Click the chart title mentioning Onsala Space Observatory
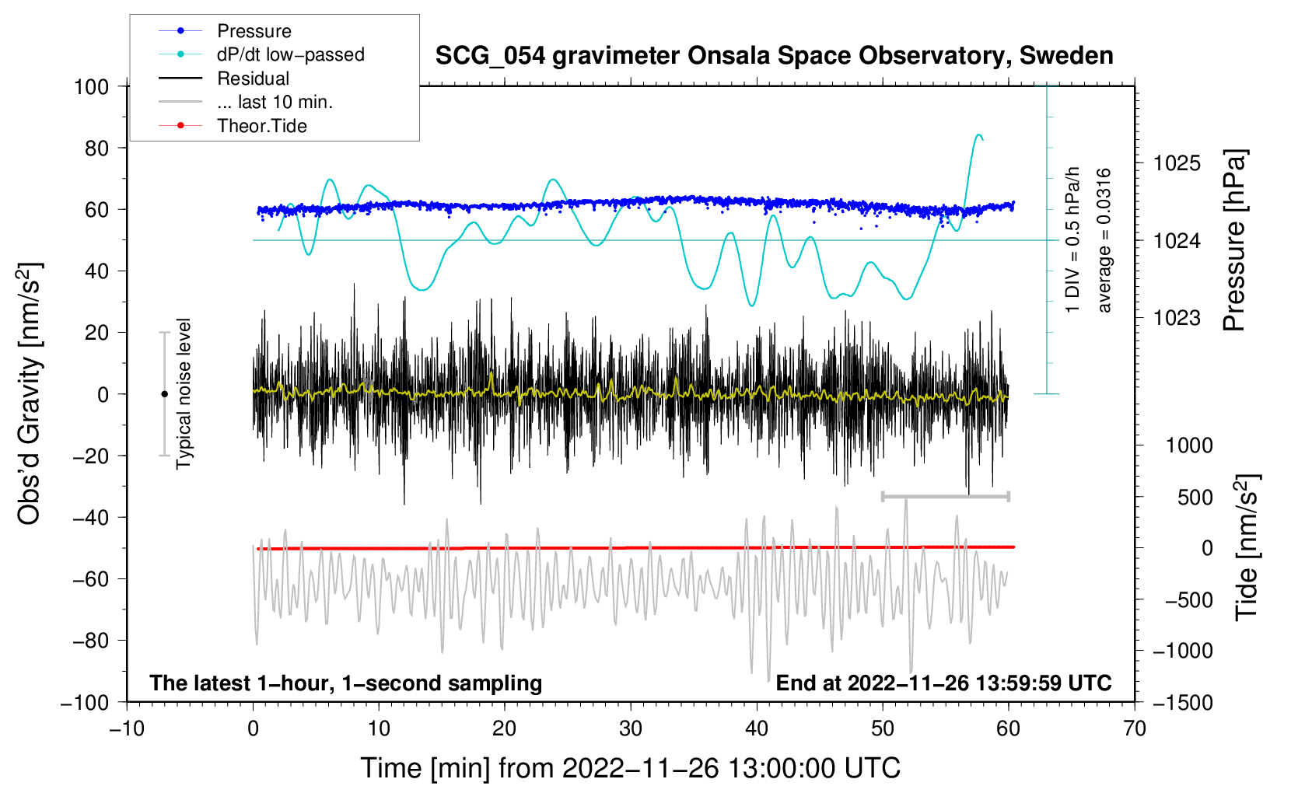774,56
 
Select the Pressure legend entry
254,31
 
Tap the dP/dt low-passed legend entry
290,54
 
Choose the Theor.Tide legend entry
261,126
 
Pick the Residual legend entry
253,79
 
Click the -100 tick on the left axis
85,702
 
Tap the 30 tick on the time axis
631,728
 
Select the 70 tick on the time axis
1135,728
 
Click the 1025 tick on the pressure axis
1177,163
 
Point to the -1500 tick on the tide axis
1182,702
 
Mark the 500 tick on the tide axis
1195,497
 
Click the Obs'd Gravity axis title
30,394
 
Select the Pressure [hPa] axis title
1234,241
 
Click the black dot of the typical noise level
164,394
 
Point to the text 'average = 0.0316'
1104,241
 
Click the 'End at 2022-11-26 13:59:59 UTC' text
943,683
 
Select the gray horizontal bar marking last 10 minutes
945,496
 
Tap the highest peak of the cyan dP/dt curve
978,134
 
